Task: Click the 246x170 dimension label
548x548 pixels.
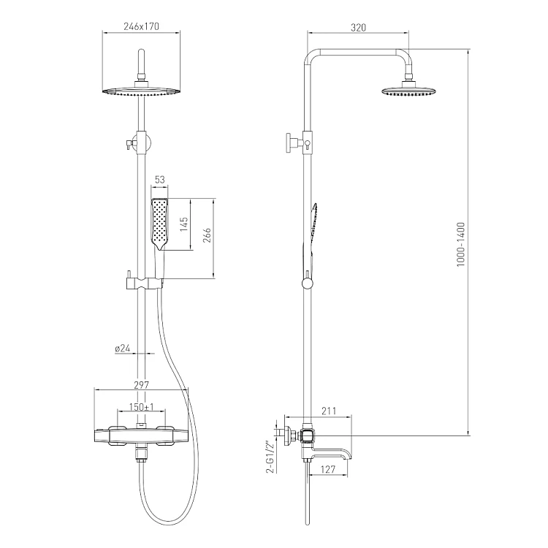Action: (x=141, y=26)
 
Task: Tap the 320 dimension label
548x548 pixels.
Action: (x=358, y=28)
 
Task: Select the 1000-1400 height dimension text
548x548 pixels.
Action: (x=461, y=244)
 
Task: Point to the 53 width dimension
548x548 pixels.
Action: (x=160, y=180)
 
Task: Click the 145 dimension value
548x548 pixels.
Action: (x=184, y=224)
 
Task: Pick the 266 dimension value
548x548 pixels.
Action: (x=207, y=235)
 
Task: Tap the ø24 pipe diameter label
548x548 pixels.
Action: (x=122, y=349)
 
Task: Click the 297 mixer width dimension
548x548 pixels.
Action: (x=141, y=385)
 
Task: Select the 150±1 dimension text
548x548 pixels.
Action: (x=142, y=407)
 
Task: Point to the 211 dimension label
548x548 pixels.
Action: (x=329, y=411)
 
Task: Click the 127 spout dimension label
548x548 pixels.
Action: (x=328, y=469)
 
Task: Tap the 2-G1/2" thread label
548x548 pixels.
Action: (x=270, y=457)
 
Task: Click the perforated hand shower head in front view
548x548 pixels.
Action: (x=160, y=224)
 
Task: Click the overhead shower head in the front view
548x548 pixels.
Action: (x=142, y=91)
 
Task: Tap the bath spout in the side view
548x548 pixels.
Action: (x=331, y=454)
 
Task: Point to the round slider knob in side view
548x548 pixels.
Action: (x=307, y=283)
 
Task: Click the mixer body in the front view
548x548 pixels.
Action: (x=141, y=436)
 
